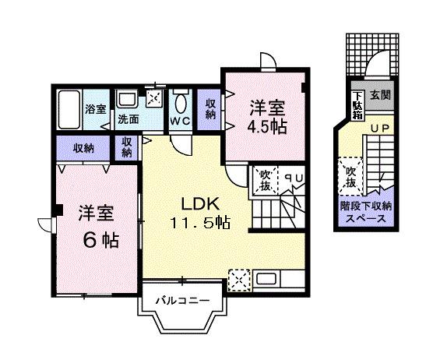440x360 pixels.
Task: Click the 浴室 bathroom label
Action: [95, 110]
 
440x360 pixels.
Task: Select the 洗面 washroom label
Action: [128, 120]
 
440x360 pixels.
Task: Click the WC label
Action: [181, 122]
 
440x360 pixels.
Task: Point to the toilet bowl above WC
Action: [181, 102]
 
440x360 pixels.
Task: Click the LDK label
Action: [204, 204]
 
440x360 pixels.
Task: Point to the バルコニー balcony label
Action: [181, 299]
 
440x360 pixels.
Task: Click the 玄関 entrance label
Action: [380, 96]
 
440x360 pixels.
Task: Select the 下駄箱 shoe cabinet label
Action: [357, 104]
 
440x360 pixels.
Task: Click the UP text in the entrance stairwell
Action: [378, 128]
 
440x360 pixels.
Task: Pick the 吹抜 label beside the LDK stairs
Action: [265, 181]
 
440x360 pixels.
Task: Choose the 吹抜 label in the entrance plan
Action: [350, 177]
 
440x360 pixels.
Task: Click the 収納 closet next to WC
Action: [211, 110]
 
